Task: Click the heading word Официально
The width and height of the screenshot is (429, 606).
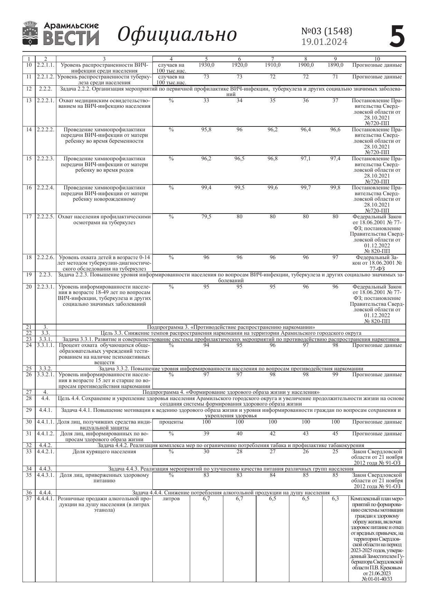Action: pos(177,35)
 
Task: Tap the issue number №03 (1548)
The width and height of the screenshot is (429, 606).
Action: pos(327,31)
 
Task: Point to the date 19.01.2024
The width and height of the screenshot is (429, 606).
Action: pos(324,42)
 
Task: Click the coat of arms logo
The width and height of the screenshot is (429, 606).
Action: pos(30,34)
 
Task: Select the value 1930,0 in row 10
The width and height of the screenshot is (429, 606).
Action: pos(206,65)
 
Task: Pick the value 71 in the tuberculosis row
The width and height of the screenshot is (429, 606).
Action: pos(335,77)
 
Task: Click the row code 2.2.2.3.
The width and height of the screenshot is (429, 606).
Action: pos(46,159)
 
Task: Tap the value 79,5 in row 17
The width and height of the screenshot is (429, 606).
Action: pos(206,217)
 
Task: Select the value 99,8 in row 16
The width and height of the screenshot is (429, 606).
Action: pos(335,188)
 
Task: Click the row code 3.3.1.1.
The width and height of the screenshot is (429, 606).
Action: pos(46,345)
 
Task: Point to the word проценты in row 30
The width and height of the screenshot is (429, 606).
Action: pos(171,422)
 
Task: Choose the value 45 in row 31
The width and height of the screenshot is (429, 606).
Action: pos(335,434)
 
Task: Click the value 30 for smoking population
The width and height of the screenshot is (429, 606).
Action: pos(206,452)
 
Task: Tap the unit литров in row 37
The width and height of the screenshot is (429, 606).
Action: pos(171,499)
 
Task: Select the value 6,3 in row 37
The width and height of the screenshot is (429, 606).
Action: pos(335,499)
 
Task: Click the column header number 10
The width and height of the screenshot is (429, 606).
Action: pos(377,59)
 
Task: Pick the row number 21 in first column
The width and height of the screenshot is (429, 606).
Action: pos(29,327)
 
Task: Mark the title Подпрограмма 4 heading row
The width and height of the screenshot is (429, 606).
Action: pos(231,392)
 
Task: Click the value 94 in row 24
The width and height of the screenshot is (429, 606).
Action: pos(206,345)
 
